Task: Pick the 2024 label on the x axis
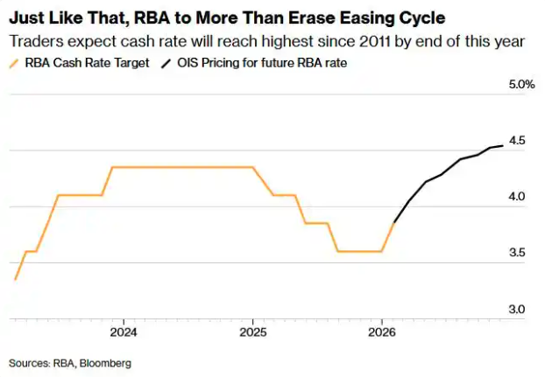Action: point(124,332)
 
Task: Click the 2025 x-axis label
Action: point(252,332)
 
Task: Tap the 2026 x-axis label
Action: point(381,332)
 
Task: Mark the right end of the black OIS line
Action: point(503,146)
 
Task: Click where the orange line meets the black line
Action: point(393,223)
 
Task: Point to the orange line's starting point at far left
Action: point(15,280)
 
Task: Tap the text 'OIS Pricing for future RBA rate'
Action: point(262,63)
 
